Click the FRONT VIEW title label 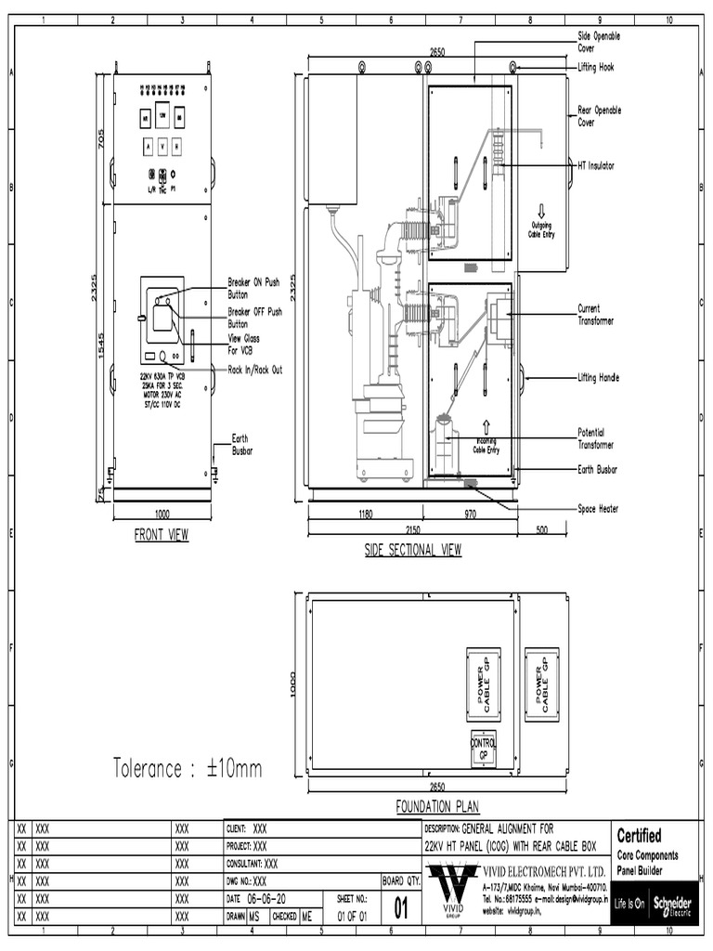tap(162, 536)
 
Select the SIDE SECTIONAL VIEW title tap(412, 550)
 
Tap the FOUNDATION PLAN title tap(437, 806)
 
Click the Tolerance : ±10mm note tap(188, 768)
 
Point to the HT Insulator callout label tap(596, 165)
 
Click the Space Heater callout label tap(598, 509)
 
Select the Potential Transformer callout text tap(597, 438)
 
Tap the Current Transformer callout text tap(596, 315)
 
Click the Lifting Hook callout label tap(595, 68)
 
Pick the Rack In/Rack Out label tap(255, 370)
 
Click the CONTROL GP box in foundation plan tap(484, 749)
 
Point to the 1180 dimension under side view tap(365, 514)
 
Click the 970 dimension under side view tap(472, 514)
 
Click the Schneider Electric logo tap(673, 905)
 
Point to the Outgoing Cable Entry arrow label tap(541, 228)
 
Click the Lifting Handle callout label tap(598, 378)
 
